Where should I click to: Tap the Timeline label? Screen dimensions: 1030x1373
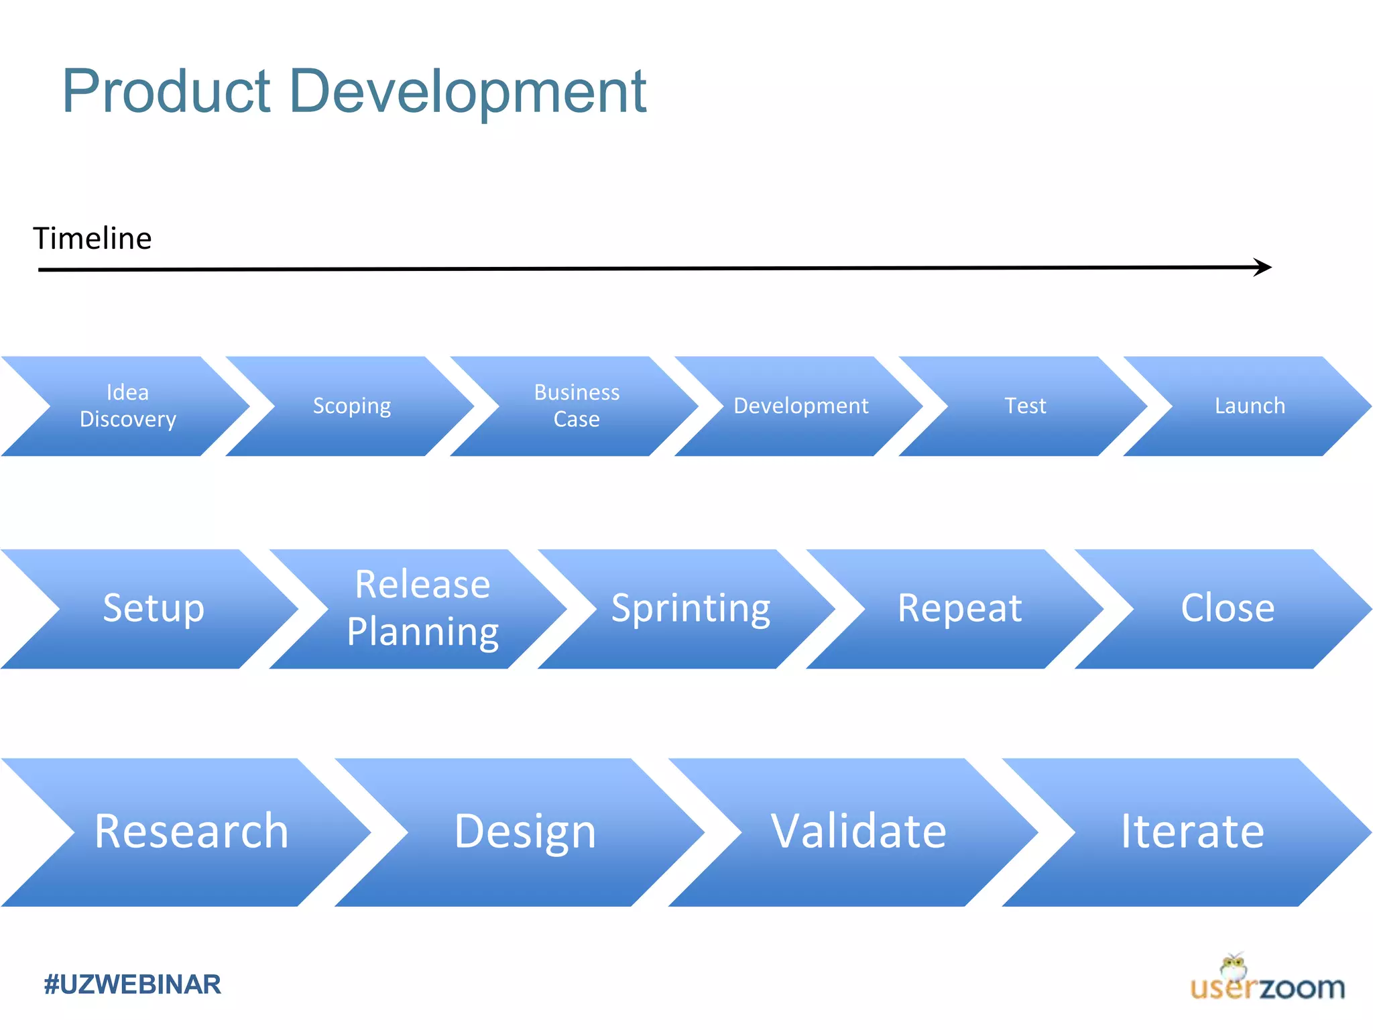[93, 239]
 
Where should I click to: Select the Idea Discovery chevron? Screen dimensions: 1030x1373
[127, 406]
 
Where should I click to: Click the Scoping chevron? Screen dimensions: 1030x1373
[352, 406]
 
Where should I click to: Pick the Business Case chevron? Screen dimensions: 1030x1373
[577, 406]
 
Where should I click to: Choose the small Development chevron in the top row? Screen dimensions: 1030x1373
[800, 406]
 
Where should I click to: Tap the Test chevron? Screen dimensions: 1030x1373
[1025, 406]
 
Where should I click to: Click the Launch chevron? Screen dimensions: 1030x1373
[1250, 406]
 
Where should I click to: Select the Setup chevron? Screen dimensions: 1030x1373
[154, 608]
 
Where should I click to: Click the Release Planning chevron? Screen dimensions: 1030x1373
[422, 608]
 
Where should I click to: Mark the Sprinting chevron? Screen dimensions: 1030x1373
[691, 608]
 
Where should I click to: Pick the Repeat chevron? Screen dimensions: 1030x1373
[959, 608]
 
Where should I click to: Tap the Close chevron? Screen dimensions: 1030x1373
[1228, 608]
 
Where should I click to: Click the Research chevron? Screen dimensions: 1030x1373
[191, 832]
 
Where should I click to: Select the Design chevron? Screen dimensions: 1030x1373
[525, 832]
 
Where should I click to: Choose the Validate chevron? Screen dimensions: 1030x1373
[858, 832]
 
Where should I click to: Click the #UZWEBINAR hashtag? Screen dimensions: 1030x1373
[132, 984]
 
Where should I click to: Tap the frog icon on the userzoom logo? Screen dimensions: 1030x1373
[1234, 968]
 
